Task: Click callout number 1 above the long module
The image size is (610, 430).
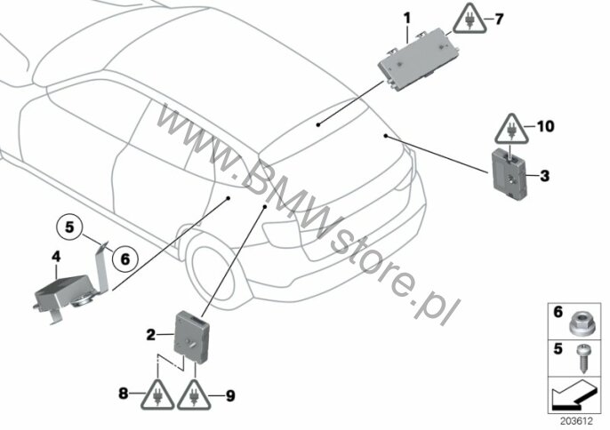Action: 407,18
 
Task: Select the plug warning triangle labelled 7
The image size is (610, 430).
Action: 470,20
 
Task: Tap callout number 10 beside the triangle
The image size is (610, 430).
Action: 545,126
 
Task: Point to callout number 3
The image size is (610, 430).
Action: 544,176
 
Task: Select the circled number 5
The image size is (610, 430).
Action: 69,227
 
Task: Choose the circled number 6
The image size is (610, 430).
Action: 125,259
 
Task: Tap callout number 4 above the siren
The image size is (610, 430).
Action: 56,257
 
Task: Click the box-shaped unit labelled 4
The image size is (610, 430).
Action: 70,291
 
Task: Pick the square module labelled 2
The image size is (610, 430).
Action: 192,337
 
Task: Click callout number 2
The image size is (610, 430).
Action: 151,334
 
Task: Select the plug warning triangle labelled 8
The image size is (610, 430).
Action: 157,394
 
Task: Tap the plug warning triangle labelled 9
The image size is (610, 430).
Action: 194,394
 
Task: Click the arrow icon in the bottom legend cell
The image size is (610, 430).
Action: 574,394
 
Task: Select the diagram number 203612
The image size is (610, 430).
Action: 576,420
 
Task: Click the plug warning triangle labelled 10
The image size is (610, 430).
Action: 511,130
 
